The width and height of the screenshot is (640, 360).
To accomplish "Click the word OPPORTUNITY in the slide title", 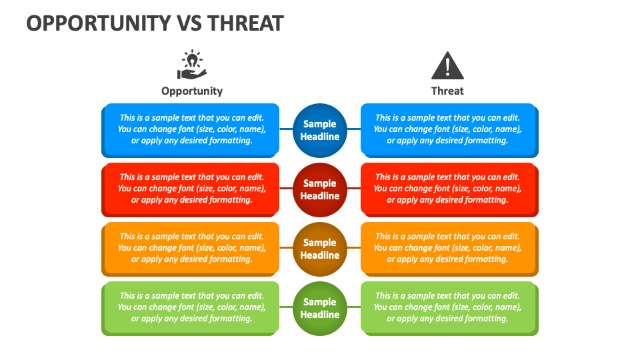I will tap(97, 23).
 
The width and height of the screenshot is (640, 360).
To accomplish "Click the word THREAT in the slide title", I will tap(246, 23).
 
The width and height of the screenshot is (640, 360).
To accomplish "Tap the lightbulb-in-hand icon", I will tap(192, 65).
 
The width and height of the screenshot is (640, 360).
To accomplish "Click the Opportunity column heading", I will tap(192, 91).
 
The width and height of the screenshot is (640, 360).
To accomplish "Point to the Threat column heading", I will tap(447, 91).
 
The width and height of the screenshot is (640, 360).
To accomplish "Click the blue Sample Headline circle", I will tap(320, 130).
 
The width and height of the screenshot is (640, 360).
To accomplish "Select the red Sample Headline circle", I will tap(320, 189).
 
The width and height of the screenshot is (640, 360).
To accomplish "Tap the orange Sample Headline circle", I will tap(320, 249).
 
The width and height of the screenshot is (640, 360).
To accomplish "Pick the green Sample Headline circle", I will tap(320, 308).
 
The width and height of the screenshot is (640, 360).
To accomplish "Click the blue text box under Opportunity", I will tap(191, 129).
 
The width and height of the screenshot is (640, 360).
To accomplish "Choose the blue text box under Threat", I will tap(448, 129).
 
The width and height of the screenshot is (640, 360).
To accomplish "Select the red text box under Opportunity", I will tap(191, 189).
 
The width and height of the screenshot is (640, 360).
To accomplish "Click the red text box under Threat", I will tap(448, 189).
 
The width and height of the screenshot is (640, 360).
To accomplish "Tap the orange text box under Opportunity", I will tap(191, 248).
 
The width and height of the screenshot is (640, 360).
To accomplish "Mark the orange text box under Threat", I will tap(448, 248).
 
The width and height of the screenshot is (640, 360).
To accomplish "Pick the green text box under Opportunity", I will tap(191, 307).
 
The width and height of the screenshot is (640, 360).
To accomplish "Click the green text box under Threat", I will tap(448, 307).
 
